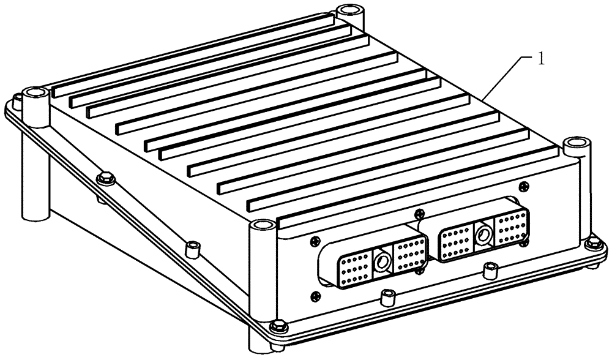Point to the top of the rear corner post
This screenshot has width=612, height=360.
[349, 10]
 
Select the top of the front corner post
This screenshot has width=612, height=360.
[261, 228]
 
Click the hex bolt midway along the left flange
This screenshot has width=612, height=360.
[105, 178]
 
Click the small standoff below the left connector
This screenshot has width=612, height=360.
[387, 298]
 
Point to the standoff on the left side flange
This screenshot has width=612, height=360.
[193, 248]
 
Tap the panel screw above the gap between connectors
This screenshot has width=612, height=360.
[418, 213]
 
